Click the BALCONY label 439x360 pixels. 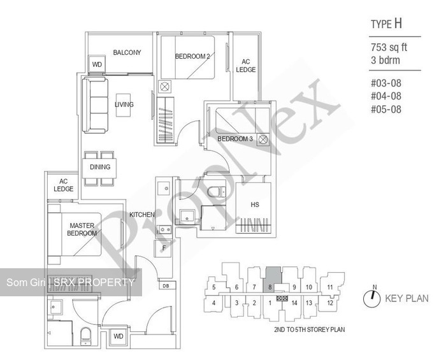point(127,53)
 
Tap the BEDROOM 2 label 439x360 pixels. point(192,57)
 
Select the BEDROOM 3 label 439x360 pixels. point(234,139)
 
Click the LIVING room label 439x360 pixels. point(124,104)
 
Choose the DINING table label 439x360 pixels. point(99,168)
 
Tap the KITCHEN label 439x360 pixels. point(142,215)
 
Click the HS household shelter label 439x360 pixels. point(254,205)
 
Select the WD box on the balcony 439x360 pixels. point(97,65)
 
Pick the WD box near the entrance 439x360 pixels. point(118,336)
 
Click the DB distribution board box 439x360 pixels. point(166,287)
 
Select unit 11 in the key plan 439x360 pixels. point(329,287)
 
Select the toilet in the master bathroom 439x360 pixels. point(85,336)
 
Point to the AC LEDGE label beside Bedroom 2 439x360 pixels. point(245,66)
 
